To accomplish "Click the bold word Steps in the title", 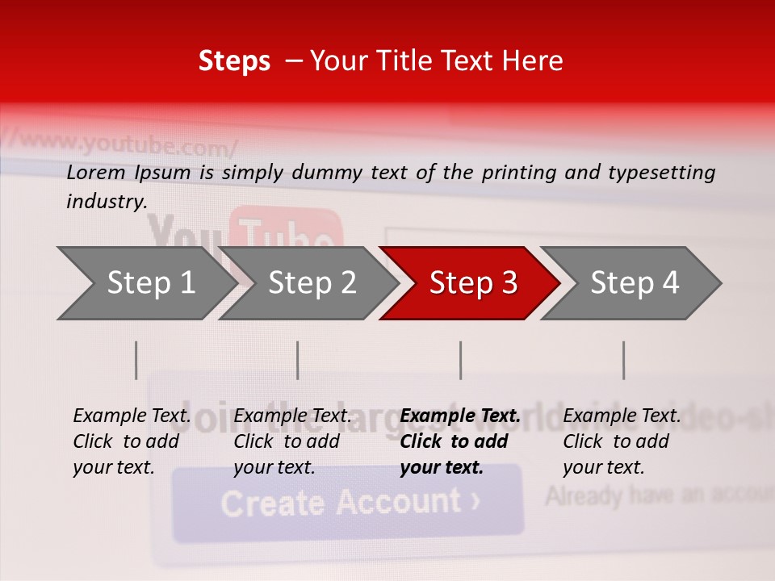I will tap(234, 61).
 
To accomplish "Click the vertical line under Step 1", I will tap(136, 360).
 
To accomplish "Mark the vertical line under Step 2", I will tap(298, 360).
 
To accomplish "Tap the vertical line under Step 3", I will tap(461, 360).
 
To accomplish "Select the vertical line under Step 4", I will tap(624, 360).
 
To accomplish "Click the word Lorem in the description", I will tap(96, 173).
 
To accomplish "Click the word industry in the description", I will tap(106, 202).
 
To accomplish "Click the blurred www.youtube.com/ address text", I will tap(129, 145).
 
